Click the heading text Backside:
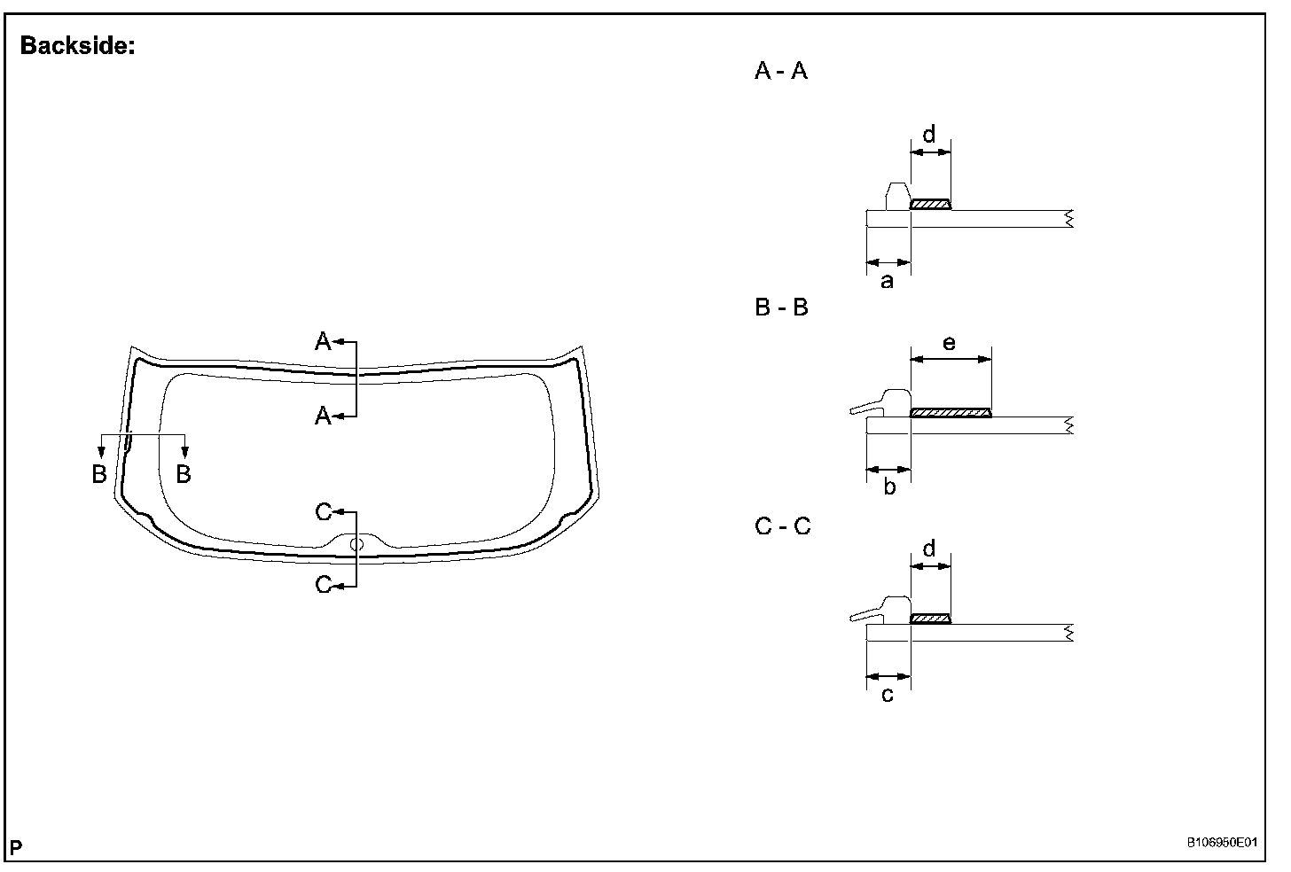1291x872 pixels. coord(77,46)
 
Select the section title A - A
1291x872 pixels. coord(780,71)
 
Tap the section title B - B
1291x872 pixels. coord(781,308)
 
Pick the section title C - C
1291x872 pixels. coord(782,526)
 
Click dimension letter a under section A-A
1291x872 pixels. coord(887,282)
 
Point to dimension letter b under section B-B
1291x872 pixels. coord(889,487)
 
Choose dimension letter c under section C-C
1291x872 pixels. coord(888,695)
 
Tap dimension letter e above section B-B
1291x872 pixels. coord(950,343)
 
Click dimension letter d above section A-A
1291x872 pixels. coord(929,136)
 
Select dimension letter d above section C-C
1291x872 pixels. coord(929,549)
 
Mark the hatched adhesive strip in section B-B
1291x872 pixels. coord(951,412)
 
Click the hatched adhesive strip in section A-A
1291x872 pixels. coord(930,205)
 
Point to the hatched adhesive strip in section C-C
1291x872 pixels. coord(930,619)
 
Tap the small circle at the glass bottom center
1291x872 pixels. coord(356,544)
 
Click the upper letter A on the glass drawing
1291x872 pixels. coord(324,341)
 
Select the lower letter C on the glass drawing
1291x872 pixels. coord(324,585)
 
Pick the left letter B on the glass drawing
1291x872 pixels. coord(99,474)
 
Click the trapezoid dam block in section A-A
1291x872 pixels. coord(897,196)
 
